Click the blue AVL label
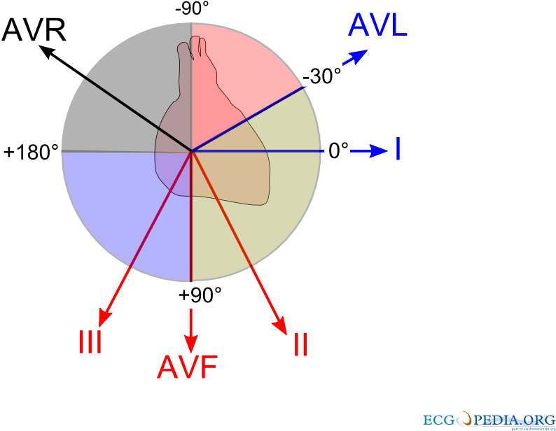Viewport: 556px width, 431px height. [377, 25]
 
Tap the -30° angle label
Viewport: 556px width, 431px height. [322, 75]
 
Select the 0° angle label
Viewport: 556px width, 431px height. [338, 151]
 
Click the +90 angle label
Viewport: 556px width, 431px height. [194, 295]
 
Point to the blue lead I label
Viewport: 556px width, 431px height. [398, 150]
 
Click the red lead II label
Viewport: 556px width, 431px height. [301, 346]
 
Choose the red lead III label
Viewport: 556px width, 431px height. [90, 343]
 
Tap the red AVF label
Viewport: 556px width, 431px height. [187, 368]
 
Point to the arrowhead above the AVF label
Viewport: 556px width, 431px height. [190, 343]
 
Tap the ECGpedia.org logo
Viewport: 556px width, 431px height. [487, 420]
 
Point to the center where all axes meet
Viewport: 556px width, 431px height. [192, 150]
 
